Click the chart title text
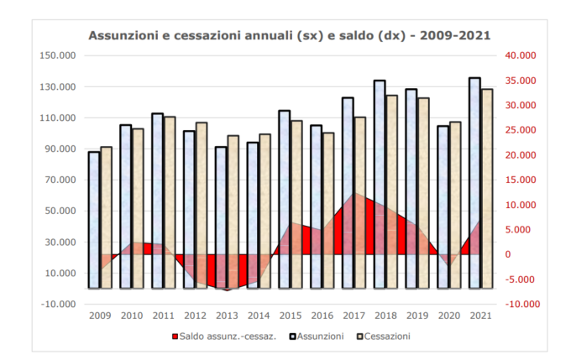coord(290,35)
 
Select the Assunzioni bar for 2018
coord(380,185)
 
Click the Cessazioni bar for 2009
coord(106,218)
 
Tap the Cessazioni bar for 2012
coord(201,206)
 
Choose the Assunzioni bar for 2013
coord(221,218)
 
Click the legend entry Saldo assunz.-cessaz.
coord(220,337)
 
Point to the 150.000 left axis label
coord(56,56)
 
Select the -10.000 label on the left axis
coord(56,305)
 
